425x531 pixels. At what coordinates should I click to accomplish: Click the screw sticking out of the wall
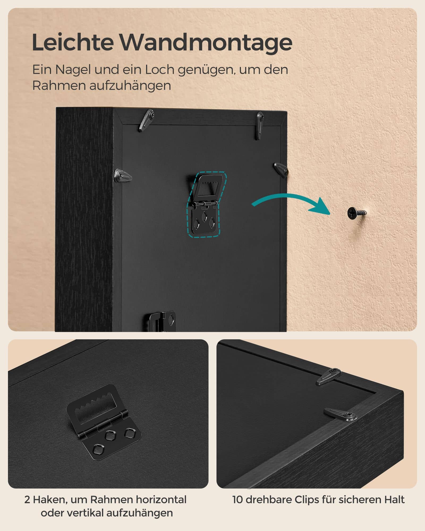coord(356,212)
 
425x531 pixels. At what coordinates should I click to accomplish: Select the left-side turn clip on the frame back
coord(123,176)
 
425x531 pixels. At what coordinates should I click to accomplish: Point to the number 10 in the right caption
coord(238,500)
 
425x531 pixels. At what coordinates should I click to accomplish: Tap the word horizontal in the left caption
coord(161,500)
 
